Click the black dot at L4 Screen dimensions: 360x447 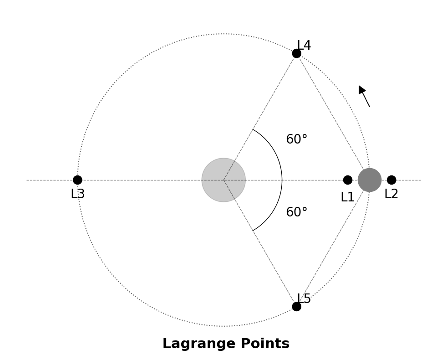296,53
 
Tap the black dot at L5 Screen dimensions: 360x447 296,307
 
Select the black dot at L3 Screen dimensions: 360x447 77,180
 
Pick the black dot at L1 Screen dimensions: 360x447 347,180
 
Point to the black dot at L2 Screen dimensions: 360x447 391,180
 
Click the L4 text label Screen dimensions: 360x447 304,46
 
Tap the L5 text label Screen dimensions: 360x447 304,299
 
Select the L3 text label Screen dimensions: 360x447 77,194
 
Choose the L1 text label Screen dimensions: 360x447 347,197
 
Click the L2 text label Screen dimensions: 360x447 391,194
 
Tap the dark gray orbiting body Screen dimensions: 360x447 370,180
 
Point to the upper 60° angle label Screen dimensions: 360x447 296,139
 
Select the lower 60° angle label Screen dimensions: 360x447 296,212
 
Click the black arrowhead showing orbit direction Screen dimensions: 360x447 361,89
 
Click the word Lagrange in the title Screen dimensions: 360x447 194,344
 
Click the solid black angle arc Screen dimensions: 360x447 282,180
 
